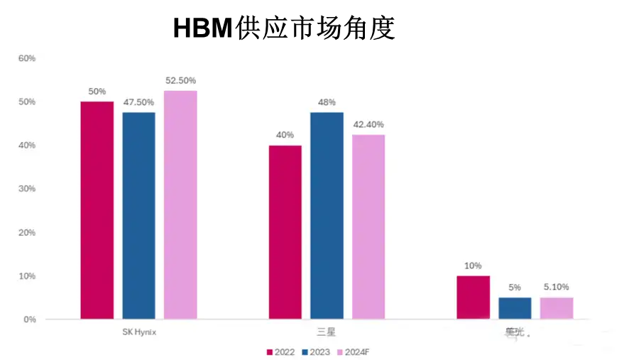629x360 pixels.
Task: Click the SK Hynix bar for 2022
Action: tap(97, 210)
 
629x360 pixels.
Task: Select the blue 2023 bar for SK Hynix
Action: tap(139, 216)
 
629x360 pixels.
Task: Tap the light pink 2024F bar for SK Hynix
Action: tap(180, 204)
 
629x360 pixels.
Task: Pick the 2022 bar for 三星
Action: tap(285, 232)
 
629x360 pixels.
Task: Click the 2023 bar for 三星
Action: tap(327, 216)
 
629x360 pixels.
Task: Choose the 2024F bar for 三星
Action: tap(368, 227)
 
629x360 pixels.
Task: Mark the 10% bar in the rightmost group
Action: tap(474, 298)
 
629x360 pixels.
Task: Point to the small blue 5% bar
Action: tap(515, 308)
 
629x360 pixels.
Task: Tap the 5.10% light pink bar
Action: tap(557, 308)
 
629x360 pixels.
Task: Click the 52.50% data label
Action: tap(180, 81)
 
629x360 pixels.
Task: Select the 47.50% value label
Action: tap(139, 102)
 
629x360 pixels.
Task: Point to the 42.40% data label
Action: tap(368, 124)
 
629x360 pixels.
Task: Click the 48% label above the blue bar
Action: tap(327, 102)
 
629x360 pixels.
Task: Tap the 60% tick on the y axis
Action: tap(27, 58)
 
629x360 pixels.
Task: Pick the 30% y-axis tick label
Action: tap(27, 189)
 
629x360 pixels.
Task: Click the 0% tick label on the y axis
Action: tap(30, 320)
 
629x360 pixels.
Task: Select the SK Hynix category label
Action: tap(139, 332)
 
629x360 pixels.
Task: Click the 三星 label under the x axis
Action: tap(326, 332)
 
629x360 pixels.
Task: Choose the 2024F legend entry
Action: tap(353, 352)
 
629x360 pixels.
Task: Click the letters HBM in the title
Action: tap(203, 28)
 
